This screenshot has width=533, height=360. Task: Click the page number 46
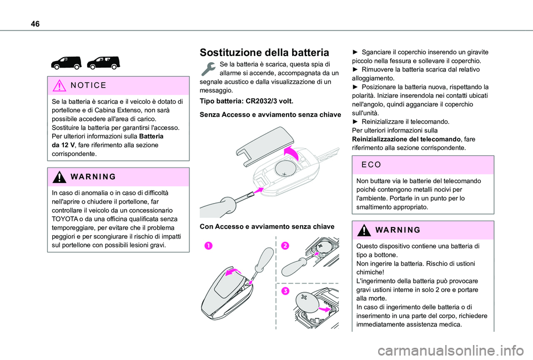click(x=35, y=24)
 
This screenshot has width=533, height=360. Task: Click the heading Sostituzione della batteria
click(x=264, y=52)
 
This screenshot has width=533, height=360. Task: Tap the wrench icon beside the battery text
click(x=208, y=69)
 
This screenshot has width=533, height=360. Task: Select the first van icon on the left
click(x=67, y=63)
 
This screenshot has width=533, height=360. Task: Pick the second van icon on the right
click(x=103, y=63)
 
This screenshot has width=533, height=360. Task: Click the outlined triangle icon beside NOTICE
click(x=59, y=85)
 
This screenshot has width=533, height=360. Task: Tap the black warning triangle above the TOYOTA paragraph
click(x=59, y=177)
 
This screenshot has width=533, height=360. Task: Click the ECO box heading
click(x=371, y=165)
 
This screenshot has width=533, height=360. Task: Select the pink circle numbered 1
click(x=208, y=245)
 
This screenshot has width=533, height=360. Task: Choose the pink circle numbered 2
click(x=285, y=245)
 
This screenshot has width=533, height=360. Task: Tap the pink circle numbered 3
click(x=285, y=291)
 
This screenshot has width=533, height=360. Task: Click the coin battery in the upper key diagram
click(x=285, y=169)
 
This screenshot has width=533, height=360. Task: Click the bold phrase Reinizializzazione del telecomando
click(x=406, y=139)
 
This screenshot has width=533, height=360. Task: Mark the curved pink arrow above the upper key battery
click(x=293, y=153)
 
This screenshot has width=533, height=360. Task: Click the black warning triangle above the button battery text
click(x=364, y=230)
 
